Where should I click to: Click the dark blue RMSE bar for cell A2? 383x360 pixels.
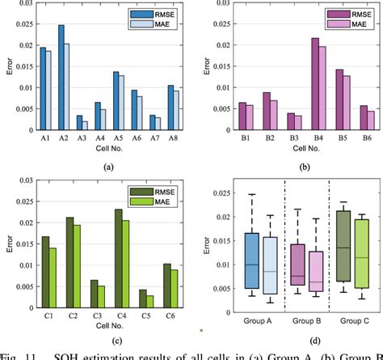[61, 78]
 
